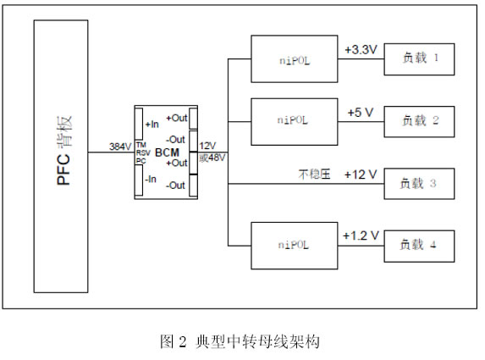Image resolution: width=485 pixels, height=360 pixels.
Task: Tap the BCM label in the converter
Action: [x=167, y=152]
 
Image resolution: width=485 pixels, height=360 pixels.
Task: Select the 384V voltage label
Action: [x=120, y=147]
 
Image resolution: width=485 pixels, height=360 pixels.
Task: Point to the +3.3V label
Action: [x=361, y=49]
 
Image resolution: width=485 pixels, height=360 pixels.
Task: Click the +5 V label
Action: [x=361, y=113]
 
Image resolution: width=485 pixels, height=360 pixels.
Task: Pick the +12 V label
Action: [x=361, y=174]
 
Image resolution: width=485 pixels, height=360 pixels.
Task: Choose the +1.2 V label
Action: [x=361, y=235]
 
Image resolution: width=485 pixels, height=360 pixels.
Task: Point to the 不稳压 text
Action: [x=314, y=174]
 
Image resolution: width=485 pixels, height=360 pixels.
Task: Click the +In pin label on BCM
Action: [x=152, y=125]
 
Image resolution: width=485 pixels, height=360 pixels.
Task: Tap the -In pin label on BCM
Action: [x=151, y=179]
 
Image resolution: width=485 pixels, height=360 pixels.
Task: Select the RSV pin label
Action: [x=143, y=153]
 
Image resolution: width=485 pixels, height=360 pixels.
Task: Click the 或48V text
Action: [x=212, y=158]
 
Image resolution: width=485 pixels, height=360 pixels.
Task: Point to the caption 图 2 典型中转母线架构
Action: [x=240, y=341]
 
